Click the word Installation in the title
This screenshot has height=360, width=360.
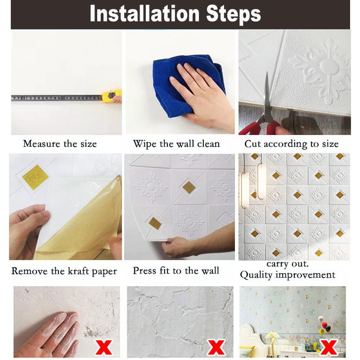tap(144, 14)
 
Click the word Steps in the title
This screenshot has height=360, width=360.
tap(234, 15)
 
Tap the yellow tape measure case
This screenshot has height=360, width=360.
tap(112, 96)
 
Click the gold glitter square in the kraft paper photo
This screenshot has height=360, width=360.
tap(36, 177)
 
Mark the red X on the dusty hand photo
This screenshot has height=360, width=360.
tap(104, 347)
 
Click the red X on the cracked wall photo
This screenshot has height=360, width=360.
tap(216, 347)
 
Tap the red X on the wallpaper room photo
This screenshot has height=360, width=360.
tap(329, 347)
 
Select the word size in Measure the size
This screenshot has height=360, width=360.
tap(88, 144)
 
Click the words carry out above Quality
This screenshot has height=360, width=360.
tap(288, 264)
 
